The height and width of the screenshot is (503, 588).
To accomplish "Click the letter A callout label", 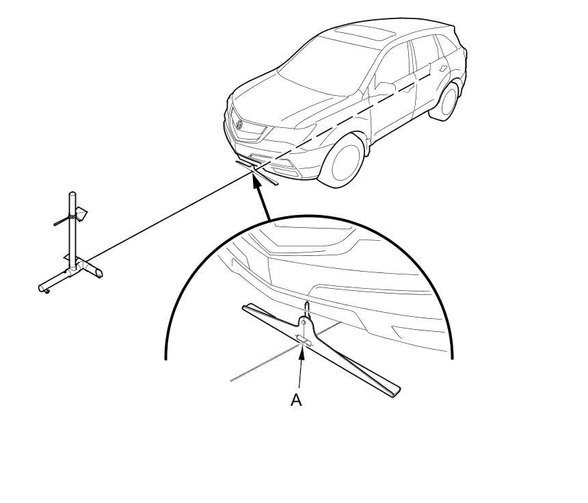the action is click(296, 400).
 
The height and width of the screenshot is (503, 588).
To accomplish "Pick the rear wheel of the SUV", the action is click(444, 101).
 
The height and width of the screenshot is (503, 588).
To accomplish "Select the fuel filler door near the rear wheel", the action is click(444, 68).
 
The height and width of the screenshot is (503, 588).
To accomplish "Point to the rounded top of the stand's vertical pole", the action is click(72, 194).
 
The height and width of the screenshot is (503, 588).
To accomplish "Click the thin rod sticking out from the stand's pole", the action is click(62, 222).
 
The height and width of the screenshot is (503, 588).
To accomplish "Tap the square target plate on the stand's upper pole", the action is click(81, 214).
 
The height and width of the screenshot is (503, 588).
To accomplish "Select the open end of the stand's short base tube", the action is click(99, 274).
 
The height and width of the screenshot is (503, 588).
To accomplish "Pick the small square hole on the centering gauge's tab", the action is click(304, 322).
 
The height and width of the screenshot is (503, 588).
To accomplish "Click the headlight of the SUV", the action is click(293, 132).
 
